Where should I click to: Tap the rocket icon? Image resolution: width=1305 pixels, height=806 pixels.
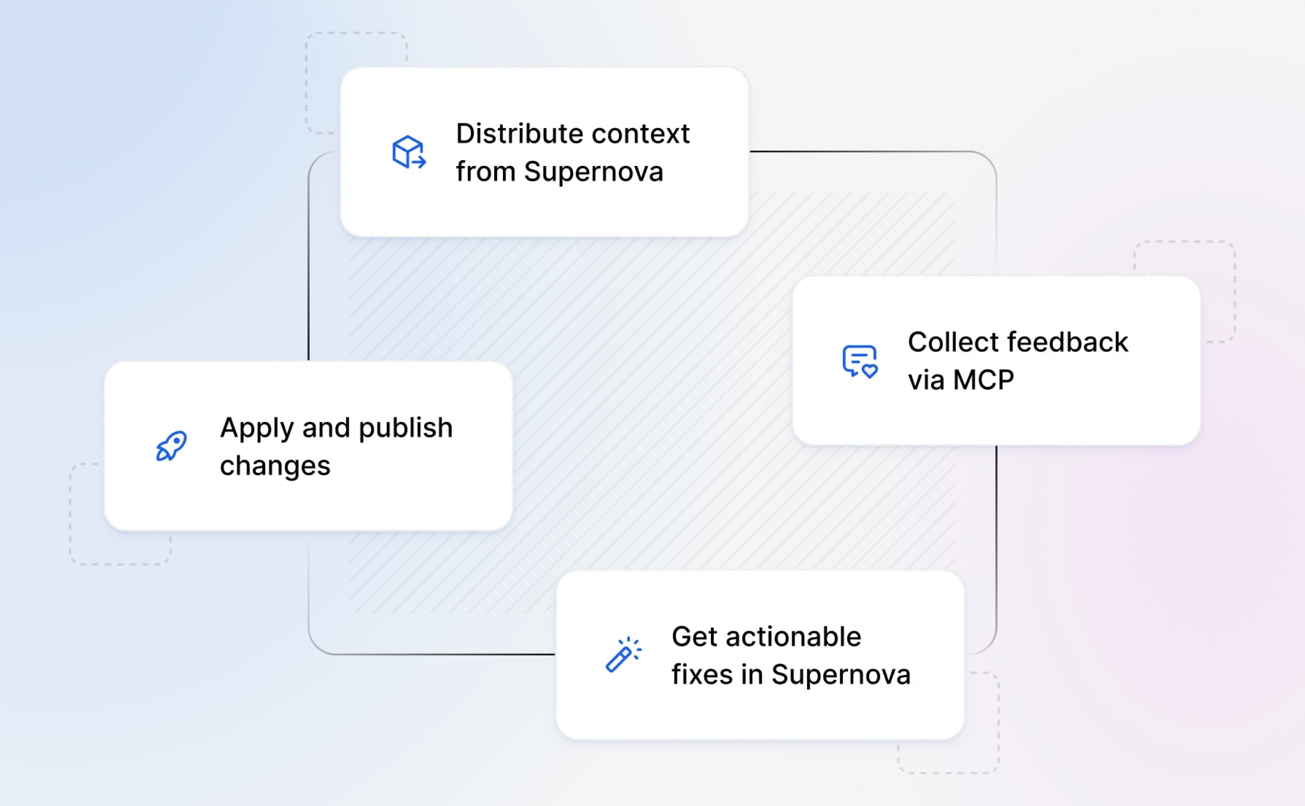coord(171,446)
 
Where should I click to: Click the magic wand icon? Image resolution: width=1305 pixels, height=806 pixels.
coord(624,654)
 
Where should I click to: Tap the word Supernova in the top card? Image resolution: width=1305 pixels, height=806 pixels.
coord(593,172)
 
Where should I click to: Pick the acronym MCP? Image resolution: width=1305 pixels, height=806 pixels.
coord(983,380)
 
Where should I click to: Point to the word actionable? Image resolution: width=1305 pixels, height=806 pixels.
coord(793,637)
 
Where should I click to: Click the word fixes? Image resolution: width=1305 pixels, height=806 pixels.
coord(702,674)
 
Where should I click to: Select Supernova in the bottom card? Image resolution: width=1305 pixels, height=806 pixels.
coord(841,675)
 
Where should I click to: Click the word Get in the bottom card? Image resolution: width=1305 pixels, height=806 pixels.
coord(694,637)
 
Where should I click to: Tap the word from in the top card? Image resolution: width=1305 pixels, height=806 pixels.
coord(485,172)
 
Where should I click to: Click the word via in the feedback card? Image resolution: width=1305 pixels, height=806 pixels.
coord(926,380)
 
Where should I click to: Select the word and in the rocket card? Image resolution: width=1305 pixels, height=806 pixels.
coord(326,427)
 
